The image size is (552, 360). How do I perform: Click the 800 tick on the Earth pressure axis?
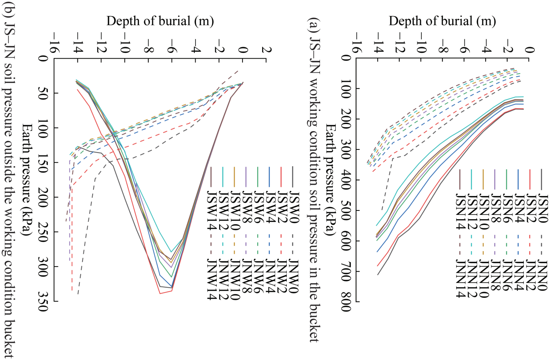346,302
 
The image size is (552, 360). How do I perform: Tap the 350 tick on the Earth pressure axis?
43,302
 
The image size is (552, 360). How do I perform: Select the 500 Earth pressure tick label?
346,210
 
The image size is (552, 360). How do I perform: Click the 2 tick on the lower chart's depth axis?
266,50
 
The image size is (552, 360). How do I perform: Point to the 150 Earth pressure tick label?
43,162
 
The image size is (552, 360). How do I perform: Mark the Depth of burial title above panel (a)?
442,21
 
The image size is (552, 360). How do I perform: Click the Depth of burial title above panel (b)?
160,21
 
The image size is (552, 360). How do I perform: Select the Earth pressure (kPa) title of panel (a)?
329,180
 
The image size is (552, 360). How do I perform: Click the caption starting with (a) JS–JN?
313,180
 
